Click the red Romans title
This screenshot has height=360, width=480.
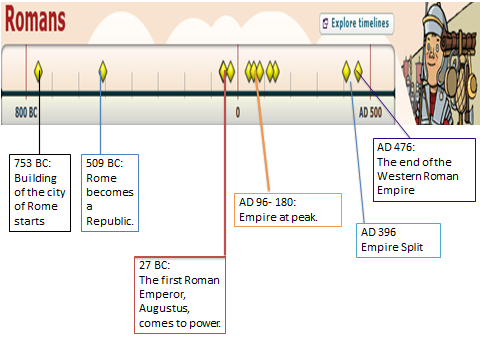tap(35, 19)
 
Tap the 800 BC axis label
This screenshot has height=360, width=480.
tap(26, 112)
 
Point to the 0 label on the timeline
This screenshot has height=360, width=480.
tap(238, 112)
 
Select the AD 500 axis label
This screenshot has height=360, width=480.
tap(370, 112)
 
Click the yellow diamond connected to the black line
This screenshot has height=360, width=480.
tap(38, 71)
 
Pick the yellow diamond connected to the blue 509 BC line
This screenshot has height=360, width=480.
tap(103, 71)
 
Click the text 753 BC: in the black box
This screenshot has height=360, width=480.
tap(33, 163)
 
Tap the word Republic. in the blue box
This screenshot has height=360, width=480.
tap(110, 221)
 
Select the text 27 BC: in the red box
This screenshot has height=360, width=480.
tap(155, 265)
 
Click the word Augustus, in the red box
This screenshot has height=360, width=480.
tap(164, 308)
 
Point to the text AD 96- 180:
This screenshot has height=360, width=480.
tap(268, 202)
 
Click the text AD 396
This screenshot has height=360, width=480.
tap(379, 232)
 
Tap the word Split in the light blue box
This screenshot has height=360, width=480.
tap(412, 247)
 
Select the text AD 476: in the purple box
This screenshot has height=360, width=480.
tap(396, 147)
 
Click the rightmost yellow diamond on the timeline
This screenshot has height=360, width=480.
tap(358, 71)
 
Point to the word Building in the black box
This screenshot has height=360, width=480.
tap(36, 178)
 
